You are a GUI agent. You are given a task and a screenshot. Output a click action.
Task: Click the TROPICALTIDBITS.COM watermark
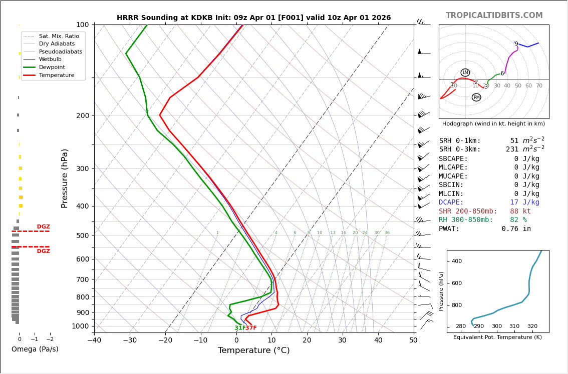pos(494,15)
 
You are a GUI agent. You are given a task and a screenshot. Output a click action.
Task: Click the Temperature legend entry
pos(57,75)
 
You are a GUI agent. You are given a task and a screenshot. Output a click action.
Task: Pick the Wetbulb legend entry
pos(50,59)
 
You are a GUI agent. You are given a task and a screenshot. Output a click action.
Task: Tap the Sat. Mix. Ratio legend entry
pos(59,36)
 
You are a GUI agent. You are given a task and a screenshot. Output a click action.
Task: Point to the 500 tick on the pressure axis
pos(82,235)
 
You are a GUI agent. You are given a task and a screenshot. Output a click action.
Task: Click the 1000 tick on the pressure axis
pos(80,326)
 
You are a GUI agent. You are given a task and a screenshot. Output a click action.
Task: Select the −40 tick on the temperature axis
pos(94,340)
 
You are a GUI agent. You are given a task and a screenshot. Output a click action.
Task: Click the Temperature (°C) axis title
pos(253,350)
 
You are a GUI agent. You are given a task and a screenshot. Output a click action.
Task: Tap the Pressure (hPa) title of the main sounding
pos(65,178)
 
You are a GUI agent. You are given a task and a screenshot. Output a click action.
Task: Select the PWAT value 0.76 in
pos(516,229)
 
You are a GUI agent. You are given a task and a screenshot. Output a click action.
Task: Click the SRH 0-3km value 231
pos(514,149)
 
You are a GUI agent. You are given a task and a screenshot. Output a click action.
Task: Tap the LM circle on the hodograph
pos(465,72)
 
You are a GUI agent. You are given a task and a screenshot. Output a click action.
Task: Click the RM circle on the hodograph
pos(476,97)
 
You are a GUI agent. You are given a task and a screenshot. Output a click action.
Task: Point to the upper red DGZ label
pos(43,227)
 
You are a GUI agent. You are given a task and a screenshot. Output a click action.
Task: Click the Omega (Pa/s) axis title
pos(35,349)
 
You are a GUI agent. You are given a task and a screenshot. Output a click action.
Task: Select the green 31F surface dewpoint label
pos(239,328)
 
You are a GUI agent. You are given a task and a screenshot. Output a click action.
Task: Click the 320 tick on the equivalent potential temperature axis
pos(532,326)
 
